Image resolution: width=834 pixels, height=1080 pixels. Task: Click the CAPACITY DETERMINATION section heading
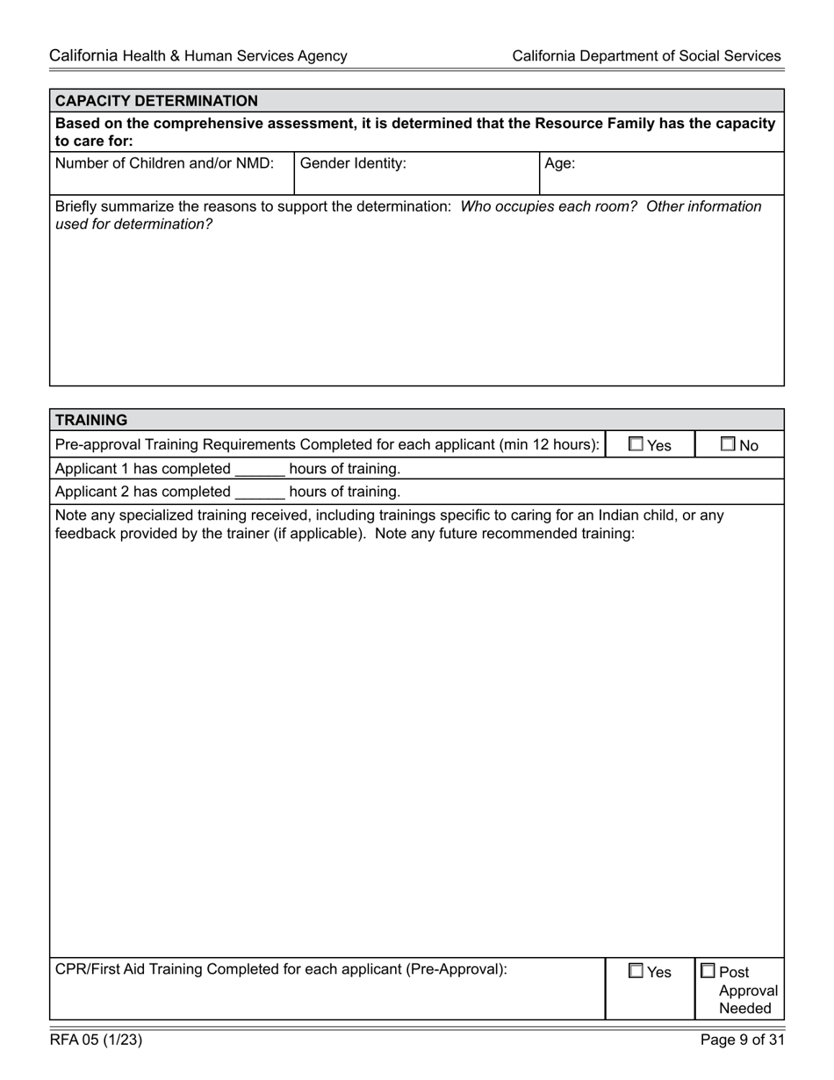coord(156,101)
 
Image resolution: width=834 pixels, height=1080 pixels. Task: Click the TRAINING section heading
coord(91,420)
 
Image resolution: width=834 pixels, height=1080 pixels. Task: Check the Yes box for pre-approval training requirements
coord(636,444)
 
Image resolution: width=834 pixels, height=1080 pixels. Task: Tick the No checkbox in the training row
coord(728,444)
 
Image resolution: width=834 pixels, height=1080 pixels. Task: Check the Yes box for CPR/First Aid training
coord(636,971)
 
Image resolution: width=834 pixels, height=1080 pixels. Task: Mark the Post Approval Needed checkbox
coord(708,971)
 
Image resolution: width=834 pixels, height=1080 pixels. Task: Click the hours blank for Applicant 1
coord(260,469)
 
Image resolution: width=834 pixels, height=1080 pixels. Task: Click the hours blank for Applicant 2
coord(260,492)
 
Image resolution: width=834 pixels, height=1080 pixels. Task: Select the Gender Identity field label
coord(353,163)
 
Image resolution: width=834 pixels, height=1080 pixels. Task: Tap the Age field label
coord(559,163)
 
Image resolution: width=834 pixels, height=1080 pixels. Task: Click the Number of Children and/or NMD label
coord(164,163)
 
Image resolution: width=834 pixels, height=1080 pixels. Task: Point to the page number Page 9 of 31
coord(742,1040)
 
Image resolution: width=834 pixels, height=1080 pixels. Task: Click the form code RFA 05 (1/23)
coord(96,1040)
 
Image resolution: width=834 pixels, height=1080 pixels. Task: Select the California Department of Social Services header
coord(646,56)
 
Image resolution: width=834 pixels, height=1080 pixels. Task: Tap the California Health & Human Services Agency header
coord(198,56)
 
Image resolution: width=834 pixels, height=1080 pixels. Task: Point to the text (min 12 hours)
coord(549,445)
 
